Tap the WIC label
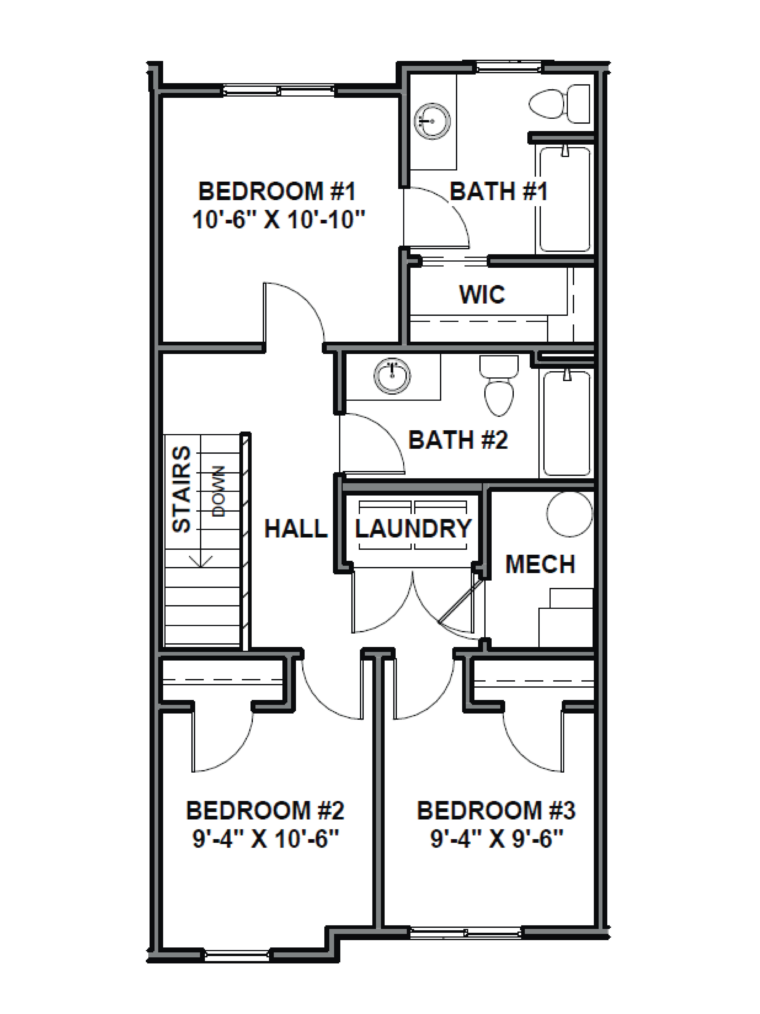(x=482, y=294)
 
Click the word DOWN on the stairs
(x=219, y=491)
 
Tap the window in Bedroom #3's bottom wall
(x=465, y=932)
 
